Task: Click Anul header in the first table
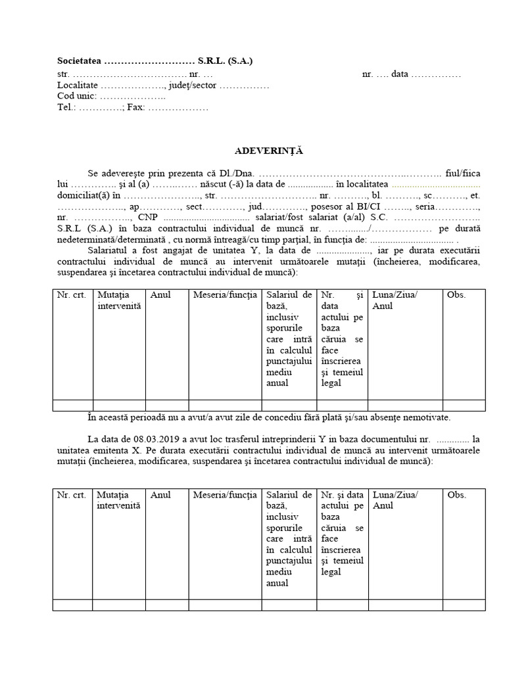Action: (x=160, y=294)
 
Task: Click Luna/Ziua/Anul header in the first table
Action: (x=395, y=300)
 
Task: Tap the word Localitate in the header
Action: (x=78, y=85)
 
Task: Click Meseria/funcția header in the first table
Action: (x=225, y=294)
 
